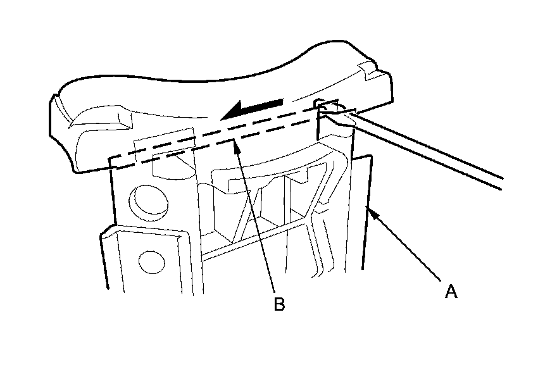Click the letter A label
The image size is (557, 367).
451,292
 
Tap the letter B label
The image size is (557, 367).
279,304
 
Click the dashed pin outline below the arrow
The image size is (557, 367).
215,137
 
